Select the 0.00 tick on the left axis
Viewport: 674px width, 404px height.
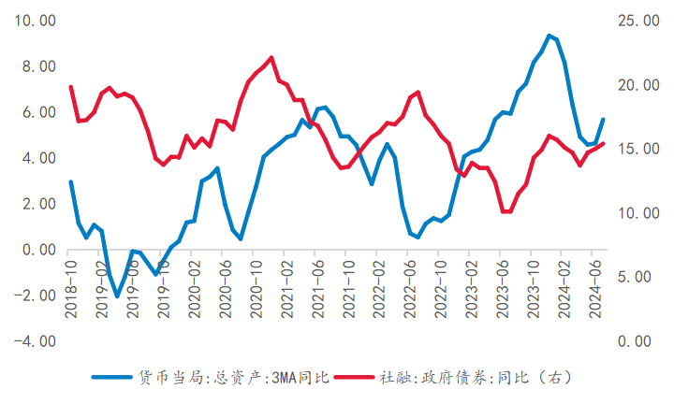click(x=37, y=250)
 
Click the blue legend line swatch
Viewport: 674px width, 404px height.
click(x=113, y=378)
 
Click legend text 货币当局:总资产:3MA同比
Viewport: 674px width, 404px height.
click(x=234, y=378)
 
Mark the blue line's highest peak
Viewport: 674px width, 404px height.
click(x=549, y=36)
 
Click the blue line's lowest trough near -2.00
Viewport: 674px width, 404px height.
click(x=117, y=296)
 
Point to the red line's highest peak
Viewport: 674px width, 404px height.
click(x=271, y=57)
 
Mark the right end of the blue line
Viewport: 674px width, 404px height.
click(x=603, y=120)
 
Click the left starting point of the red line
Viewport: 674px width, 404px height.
click(x=70, y=87)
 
